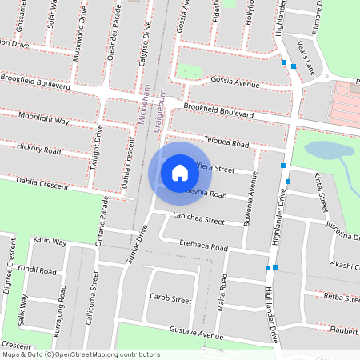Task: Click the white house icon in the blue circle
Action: [180, 172]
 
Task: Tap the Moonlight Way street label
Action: [43, 120]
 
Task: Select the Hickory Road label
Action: [38, 149]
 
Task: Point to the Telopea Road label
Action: [227, 141]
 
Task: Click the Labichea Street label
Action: [198, 218]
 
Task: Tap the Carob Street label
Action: [170, 299]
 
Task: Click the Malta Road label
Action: [222, 292]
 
